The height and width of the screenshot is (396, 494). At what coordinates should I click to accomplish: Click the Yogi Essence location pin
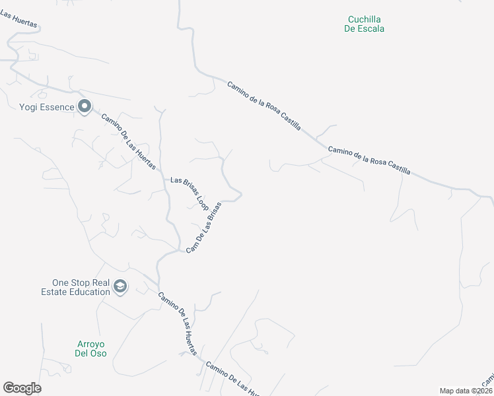(84, 106)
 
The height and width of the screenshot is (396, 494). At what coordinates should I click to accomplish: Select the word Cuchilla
(364, 20)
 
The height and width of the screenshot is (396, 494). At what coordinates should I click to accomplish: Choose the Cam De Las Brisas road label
(203, 228)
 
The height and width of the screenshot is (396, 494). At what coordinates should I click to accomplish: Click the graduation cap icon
(120, 286)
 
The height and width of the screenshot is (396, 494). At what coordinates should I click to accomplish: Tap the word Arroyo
(91, 344)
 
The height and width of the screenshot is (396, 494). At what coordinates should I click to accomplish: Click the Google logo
(22, 388)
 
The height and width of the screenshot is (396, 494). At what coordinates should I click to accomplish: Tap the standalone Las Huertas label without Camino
(19, 18)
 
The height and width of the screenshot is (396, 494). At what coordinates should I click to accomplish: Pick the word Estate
(55, 292)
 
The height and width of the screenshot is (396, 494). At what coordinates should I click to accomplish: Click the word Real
(100, 282)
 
